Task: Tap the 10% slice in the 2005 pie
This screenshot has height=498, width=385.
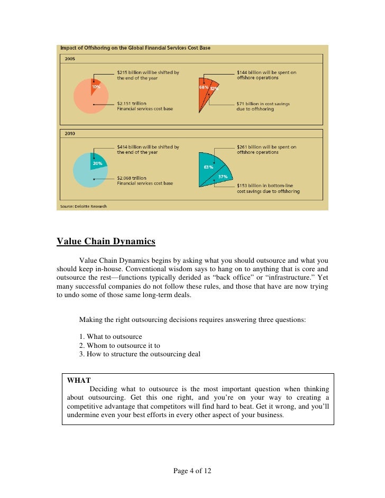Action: point(95,86)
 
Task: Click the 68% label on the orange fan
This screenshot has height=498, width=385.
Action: point(204,87)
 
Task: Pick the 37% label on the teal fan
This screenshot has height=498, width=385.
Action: point(223,177)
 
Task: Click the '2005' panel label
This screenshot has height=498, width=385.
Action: point(70,59)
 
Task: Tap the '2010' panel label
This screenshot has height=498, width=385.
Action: point(70,134)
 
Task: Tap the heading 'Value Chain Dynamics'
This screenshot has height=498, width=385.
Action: point(106,242)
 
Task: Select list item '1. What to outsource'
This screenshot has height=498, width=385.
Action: point(111,337)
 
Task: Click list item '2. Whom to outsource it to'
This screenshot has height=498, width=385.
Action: point(120,346)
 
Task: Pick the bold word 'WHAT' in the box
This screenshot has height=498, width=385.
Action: point(79,380)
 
